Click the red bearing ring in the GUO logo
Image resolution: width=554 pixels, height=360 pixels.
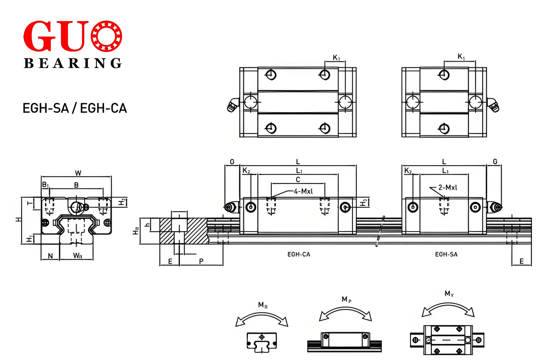(x=106, y=36)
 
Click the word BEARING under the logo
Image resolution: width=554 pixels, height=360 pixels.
(x=73, y=63)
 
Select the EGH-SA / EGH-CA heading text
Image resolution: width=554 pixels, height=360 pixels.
(x=75, y=108)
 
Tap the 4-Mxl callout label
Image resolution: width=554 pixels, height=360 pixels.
(x=303, y=191)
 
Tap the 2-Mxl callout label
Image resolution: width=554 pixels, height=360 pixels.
(x=448, y=187)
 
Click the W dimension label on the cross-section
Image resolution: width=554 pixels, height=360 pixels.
(x=78, y=173)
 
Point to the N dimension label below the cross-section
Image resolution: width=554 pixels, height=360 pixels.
(x=50, y=256)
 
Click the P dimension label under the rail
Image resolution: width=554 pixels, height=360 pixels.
(x=201, y=261)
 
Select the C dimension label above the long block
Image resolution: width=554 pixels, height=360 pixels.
(x=298, y=179)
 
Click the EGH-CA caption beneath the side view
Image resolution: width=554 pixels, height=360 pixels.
(x=299, y=254)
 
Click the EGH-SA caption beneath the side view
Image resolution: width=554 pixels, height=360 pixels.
(x=446, y=254)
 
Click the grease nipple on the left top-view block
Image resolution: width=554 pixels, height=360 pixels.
(x=233, y=105)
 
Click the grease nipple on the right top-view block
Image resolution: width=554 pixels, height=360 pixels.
(x=493, y=105)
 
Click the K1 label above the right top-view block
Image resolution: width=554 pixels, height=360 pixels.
(x=461, y=57)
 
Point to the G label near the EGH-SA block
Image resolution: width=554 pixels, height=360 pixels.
(x=495, y=161)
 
